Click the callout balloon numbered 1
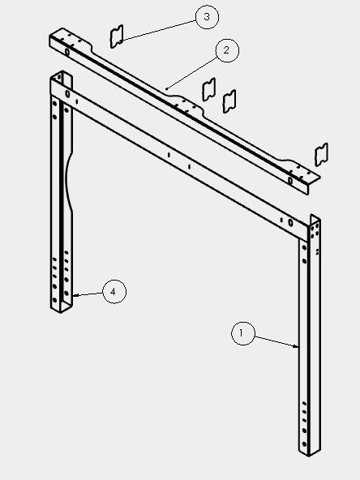pyautogui.click(x=242, y=333)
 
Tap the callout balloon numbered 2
pyautogui.click(x=227, y=50)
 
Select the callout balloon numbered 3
pyautogui.click(x=207, y=17)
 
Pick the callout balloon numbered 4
pyautogui.click(x=114, y=291)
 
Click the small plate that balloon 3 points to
pyautogui.click(x=117, y=36)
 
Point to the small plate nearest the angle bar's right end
pyautogui.click(x=321, y=155)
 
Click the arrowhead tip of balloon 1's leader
pyautogui.click(x=298, y=347)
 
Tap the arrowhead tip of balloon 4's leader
pyautogui.click(x=74, y=296)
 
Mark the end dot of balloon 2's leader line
pyautogui.click(x=166, y=88)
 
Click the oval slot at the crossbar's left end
pyautogui.click(x=67, y=94)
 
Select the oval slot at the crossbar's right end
pyautogui.click(x=290, y=223)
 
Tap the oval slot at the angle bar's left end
pyautogui.click(x=67, y=52)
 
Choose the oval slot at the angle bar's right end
pyautogui.click(x=290, y=181)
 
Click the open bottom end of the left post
pyautogui.click(x=62, y=307)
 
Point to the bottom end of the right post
pyautogui.click(x=310, y=452)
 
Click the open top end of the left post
pyautogui.click(x=62, y=76)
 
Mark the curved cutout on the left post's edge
pyautogui.click(x=69, y=181)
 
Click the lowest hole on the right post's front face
pyautogui.click(x=304, y=444)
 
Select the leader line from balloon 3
pyautogui.click(x=158, y=30)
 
